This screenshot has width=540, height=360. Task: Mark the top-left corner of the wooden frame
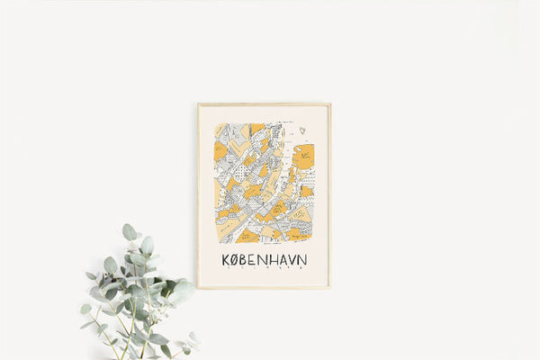[199, 104]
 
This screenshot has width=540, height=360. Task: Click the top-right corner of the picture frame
[330, 104]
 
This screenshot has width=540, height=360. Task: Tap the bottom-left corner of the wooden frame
[199, 288]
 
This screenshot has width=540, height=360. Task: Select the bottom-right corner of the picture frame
[330, 288]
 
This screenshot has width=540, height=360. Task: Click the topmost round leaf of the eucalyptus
[129, 231]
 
